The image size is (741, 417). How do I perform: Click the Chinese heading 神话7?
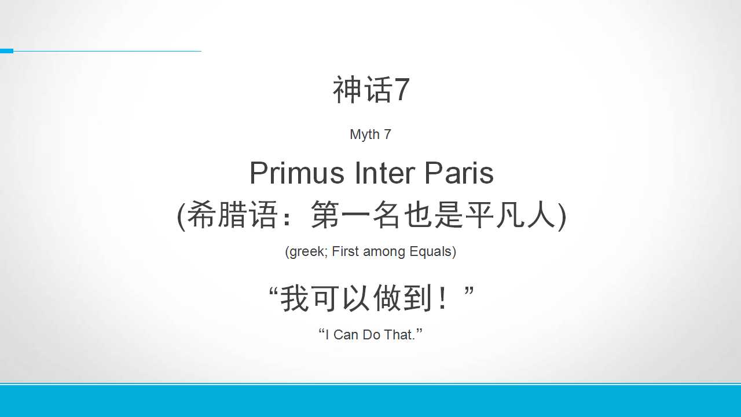click(371, 90)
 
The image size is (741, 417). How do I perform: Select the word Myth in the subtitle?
click(365, 135)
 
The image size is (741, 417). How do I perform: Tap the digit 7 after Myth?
click(387, 134)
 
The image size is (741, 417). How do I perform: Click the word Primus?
click(297, 173)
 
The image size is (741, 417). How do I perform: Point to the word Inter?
click(385, 173)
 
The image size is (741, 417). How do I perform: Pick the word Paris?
click(459, 173)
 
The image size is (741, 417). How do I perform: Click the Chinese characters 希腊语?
click(232, 215)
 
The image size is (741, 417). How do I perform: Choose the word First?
click(346, 251)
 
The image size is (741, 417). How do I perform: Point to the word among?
click(384, 252)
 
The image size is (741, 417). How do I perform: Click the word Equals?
click(430, 252)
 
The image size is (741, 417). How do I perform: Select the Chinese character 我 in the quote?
click(295, 298)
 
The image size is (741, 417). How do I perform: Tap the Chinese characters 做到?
click(402, 298)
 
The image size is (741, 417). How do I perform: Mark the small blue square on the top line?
click(6, 51)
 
